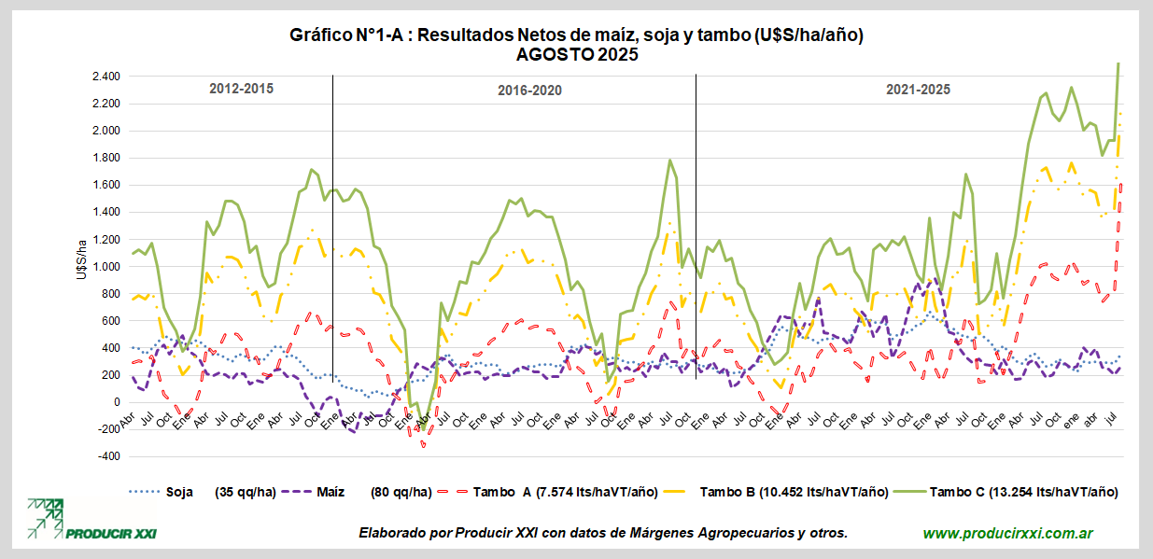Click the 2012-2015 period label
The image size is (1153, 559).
click(241, 90)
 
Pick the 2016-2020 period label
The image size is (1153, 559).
click(529, 91)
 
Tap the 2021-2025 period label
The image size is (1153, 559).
click(918, 90)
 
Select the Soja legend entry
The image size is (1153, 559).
click(174, 492)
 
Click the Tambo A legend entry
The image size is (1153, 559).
click(514, 492)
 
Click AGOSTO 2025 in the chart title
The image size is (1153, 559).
click(576, 55)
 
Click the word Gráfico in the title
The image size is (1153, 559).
click(323, 35)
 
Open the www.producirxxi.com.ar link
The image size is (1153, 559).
click(1008, 534)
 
